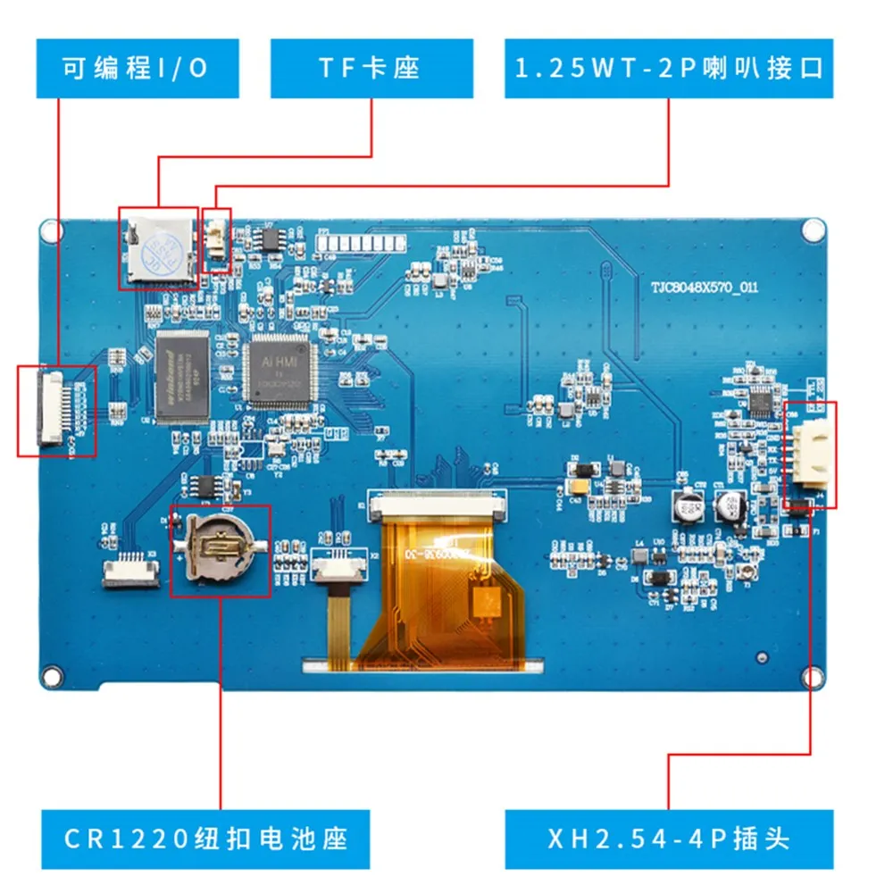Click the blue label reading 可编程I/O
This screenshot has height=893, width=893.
pos(138,68)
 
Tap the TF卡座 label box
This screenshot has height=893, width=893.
pos(369,68)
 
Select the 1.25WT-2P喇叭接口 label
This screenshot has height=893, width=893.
pos(669,68)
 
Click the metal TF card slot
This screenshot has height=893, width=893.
pos(158,246)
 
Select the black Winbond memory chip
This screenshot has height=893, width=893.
pos(182,375)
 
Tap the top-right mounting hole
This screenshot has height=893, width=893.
pos(813,230)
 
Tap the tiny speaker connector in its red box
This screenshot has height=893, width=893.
pos(217,239)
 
